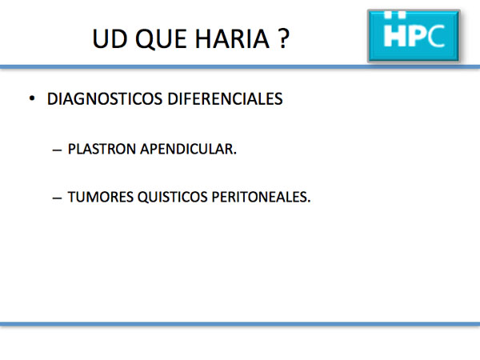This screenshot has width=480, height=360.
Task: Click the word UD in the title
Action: click(110, 39)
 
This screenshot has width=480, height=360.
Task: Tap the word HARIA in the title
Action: click(232, 39)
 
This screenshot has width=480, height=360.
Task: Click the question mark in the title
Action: click(284, 38)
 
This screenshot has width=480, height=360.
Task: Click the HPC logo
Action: click(414, 36)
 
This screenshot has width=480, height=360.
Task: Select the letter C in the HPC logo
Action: click(436, 36)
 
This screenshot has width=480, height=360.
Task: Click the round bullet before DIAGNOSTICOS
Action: click(32, 98)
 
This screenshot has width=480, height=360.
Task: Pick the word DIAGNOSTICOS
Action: click(105, 99)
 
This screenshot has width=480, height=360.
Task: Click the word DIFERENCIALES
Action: click(225, 99)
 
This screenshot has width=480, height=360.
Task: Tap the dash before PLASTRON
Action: click(57, 150)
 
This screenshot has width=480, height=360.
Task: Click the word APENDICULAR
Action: click(186, 149)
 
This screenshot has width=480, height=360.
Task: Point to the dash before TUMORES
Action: click(57, 198)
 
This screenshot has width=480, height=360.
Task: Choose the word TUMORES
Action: click(101, 197)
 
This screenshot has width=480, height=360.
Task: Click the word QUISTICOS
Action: click(172, 197)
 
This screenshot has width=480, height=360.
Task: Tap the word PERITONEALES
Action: click(259, 197)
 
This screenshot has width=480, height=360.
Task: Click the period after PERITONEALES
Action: click(309, 202)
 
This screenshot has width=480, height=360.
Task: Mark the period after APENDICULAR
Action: click(235, 154)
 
